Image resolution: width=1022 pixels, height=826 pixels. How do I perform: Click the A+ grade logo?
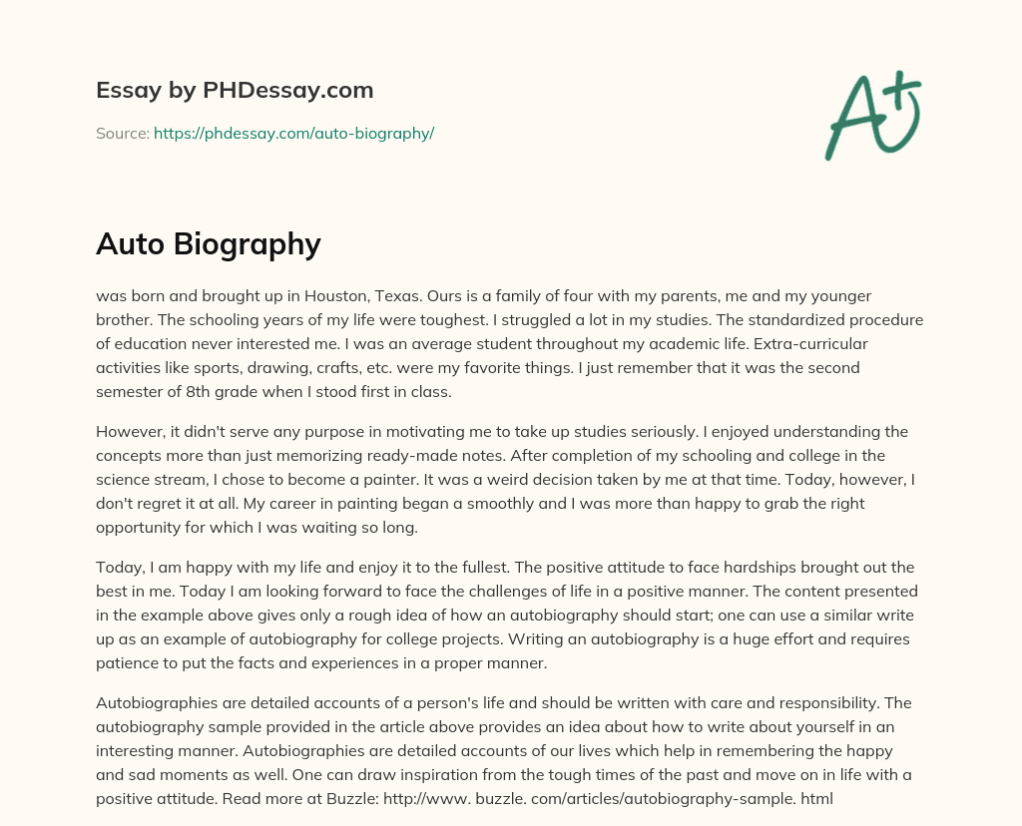pos(873,117)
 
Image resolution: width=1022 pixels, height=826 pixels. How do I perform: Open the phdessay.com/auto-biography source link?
pos(293,133)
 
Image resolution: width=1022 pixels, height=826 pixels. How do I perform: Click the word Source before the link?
pos(121,133)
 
